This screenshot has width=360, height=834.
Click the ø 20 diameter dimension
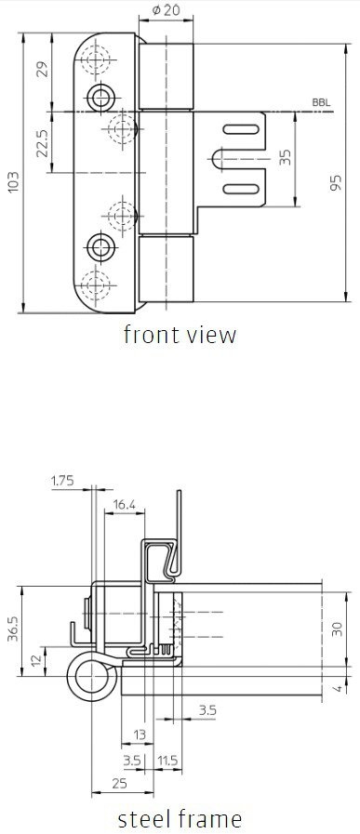coord(165,10)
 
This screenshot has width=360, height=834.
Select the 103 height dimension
coord(14,181)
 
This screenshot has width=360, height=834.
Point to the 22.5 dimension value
coord(43,142)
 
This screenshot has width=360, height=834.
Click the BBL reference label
coord(321,102)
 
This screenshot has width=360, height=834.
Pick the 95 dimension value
coord(336,182)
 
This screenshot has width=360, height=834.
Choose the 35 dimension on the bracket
coord(285,157)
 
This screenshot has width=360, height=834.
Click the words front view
coord(180,335)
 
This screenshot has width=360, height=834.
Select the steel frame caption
coord(180,818)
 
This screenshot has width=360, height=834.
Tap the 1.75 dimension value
coord(62,481)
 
